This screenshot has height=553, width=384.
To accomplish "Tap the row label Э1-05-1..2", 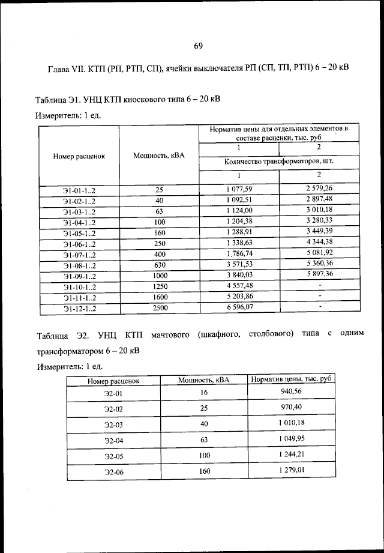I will coord(79,232).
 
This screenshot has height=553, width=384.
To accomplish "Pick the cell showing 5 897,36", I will coord(319,274).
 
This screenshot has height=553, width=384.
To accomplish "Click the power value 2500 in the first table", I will coord(159,307).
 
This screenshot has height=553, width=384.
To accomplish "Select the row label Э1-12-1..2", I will coord(79,309).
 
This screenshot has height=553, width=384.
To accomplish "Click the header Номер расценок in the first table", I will coord(79,156).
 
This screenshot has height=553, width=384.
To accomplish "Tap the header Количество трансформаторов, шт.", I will coord(278,161).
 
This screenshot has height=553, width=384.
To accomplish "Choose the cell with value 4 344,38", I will coord(319,242).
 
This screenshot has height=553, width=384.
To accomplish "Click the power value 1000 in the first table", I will coord(159,275).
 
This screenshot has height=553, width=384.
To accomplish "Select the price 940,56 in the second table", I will coord(291,391).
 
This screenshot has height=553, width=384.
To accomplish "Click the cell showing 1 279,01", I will coord(291,470).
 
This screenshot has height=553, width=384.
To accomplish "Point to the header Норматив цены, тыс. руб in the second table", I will coord(291,379).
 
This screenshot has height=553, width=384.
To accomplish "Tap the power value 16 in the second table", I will coord(204,392).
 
